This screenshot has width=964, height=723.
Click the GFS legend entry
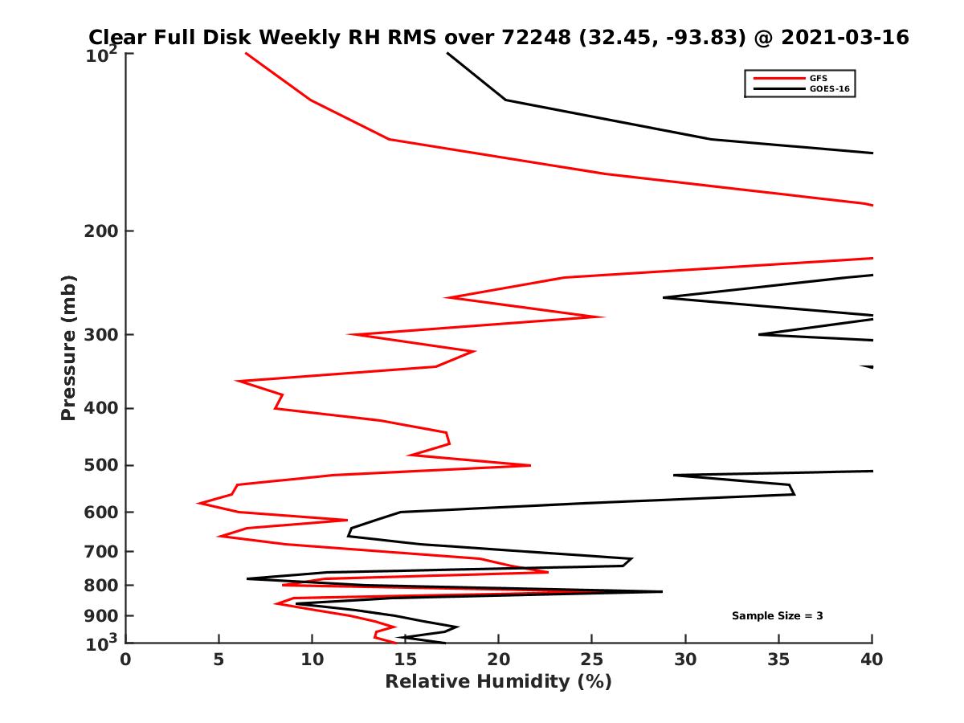click(819, 78)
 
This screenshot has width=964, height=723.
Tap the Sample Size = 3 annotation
click(777, 616)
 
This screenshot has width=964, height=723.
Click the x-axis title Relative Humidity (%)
click(498, 682)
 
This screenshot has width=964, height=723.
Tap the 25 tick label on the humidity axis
click(592, 660)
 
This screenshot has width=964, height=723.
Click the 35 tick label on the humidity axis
click(778, 660)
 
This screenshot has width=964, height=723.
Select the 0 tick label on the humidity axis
click(126, 660)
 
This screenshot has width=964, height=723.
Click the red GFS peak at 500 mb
click(530, 465)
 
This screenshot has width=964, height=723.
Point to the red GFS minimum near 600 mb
click(198, 504)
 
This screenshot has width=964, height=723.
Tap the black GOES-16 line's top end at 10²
click(447, 53)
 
